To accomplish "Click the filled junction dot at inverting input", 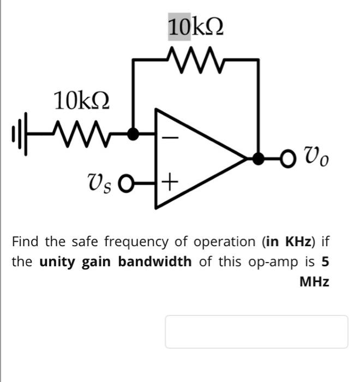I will (133, 133).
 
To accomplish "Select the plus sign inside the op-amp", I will (170, 180).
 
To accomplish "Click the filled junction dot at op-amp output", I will (257, 159).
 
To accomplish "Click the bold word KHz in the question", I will (296, 241).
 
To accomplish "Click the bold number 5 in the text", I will (325, 261).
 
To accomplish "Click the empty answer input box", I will (256, 331).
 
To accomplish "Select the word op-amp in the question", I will (271, 262).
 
